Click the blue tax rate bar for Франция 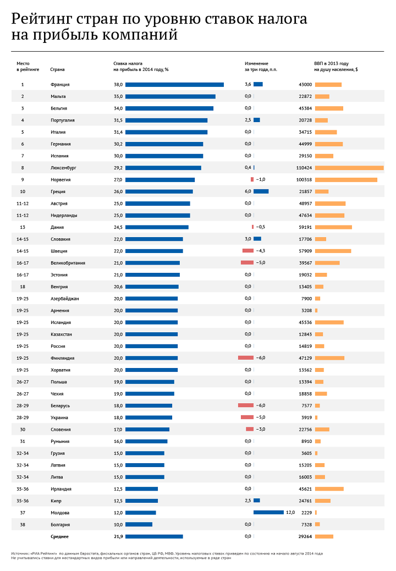174,85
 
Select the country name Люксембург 63,168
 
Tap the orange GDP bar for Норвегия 346,180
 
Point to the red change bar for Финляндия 246,358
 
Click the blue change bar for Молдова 268,513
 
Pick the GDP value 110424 304,168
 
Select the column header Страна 57,70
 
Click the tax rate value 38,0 118,85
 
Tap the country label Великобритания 68,263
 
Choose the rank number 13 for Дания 23,227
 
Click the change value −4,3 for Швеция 261,251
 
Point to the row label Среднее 59,536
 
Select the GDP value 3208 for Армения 306,310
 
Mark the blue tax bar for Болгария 139,524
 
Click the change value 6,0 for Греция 248,191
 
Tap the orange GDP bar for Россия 320,346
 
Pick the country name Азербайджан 64,299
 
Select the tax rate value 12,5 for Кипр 118,501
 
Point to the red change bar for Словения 250,429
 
